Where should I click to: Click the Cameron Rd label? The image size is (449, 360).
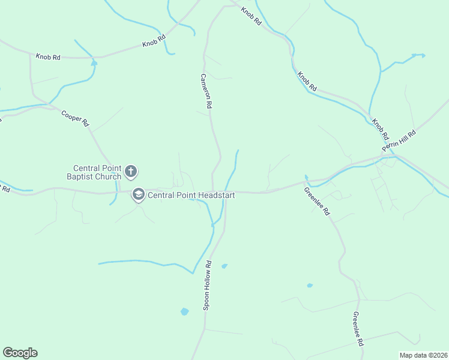[206, 91]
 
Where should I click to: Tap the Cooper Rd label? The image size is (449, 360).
[75, 117]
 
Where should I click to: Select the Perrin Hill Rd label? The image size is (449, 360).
[399, 142]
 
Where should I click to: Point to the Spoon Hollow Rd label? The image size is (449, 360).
[208, 285]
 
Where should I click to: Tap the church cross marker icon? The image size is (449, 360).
[131, 173]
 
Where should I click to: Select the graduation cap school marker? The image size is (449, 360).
[139, 195]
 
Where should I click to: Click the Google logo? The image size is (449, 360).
[20, 353]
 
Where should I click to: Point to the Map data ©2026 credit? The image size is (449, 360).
[423, 355]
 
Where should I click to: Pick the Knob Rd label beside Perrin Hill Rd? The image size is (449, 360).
[380, 129]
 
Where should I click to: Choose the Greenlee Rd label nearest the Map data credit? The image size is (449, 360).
[358, 329]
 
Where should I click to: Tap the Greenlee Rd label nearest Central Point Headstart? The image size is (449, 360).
[316, 202]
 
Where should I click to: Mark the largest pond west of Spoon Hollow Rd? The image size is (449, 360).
[184, 311]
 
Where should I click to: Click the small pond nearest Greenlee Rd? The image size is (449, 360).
[310, 286]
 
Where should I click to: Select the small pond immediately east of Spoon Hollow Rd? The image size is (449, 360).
[224, 266]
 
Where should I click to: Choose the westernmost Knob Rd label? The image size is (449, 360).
[48, 57]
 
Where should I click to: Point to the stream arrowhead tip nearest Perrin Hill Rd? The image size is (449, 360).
[423, 56]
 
